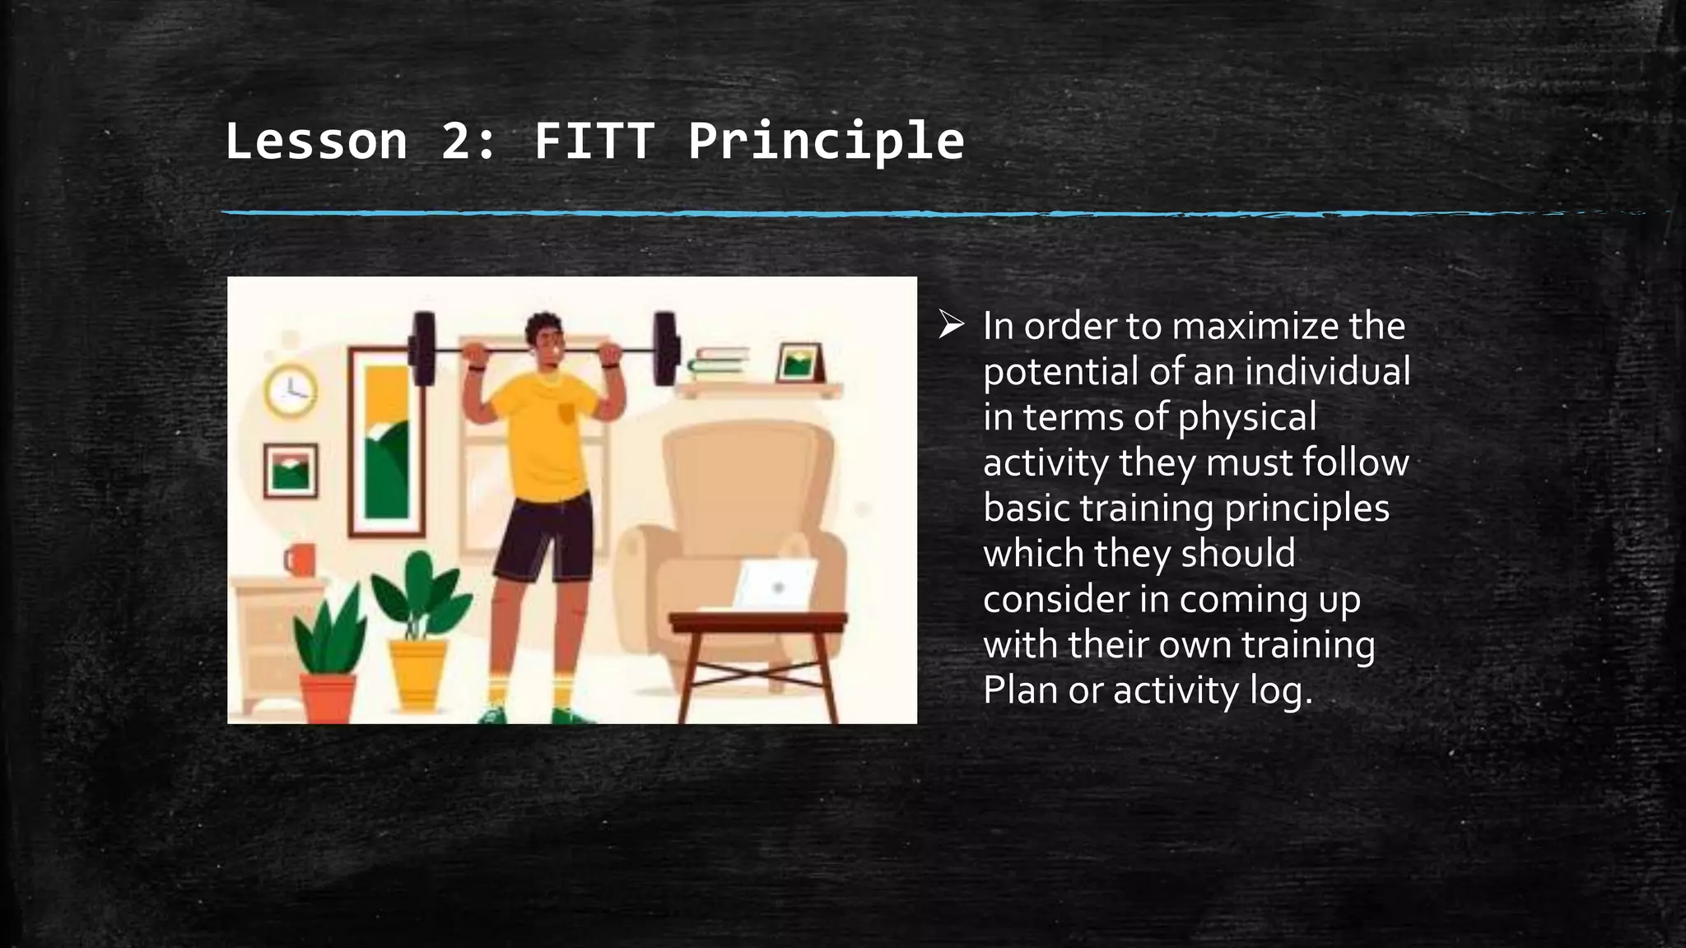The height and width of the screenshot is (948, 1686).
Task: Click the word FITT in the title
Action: [594, 141]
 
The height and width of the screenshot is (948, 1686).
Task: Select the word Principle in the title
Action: [826, 141]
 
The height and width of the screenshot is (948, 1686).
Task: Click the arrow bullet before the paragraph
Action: [951, 326]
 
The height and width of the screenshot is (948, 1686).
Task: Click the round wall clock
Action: [291, 389]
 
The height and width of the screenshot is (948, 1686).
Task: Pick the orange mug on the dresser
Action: [300, 560]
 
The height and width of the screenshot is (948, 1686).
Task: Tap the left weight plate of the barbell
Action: [423, 349]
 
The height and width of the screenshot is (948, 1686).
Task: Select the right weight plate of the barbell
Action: [665, 349]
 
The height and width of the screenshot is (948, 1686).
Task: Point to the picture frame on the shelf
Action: [799, 363]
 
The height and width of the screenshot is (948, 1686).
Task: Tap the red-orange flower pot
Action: [328, 698]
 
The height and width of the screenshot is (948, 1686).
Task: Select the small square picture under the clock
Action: [290, 471]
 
